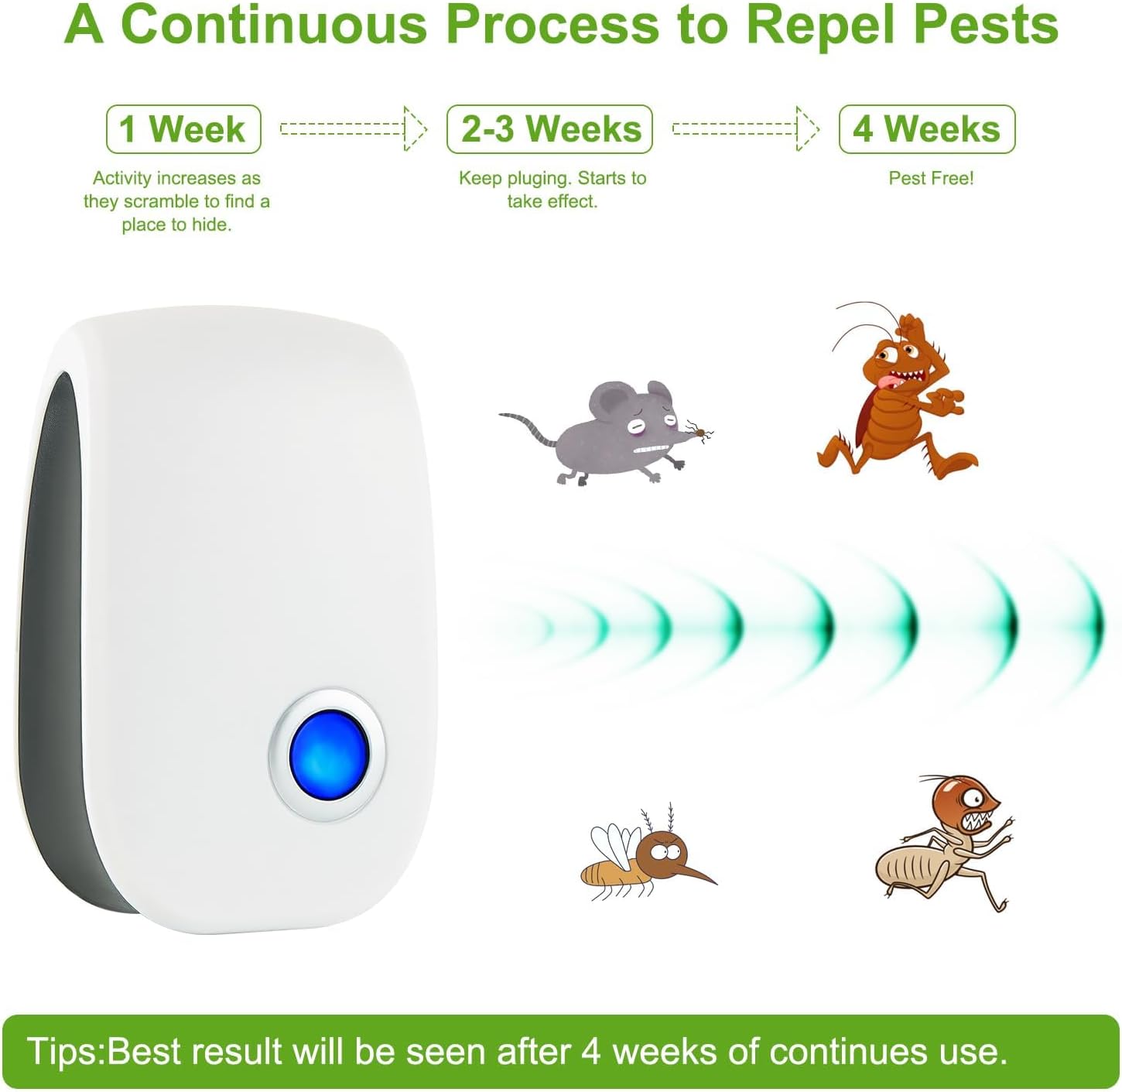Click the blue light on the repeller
(329, 754)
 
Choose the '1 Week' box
(183, 129)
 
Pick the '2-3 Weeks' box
(550, 129)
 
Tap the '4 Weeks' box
(927, 129)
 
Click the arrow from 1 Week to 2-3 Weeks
(353, 128)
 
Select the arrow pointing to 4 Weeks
(745, 128)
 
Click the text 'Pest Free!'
(931, 178)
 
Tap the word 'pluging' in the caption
(539, 179)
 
